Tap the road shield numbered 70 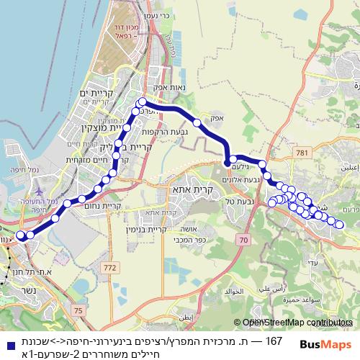(x=244, y=239)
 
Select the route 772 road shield (x=110, y=268)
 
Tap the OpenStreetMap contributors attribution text (x=297, y=323)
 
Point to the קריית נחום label (x=107, y=206)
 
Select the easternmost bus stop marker (x=340, y=225)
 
